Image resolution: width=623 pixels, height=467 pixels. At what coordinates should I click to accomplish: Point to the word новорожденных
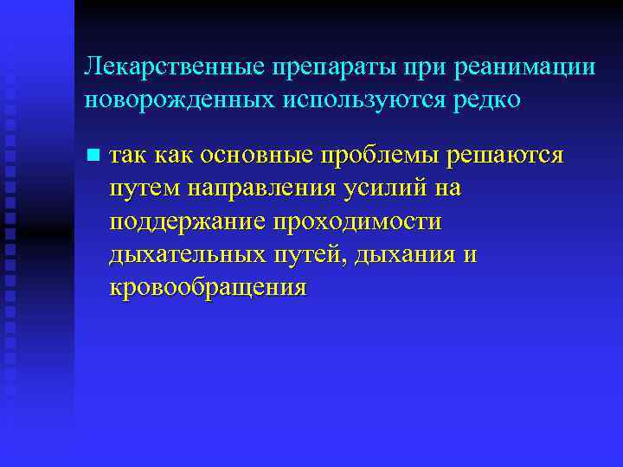pos(177,99)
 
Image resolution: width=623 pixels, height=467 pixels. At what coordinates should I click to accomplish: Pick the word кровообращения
pos(209,287)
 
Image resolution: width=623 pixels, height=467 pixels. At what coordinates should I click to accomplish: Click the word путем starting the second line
pos(143,188)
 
